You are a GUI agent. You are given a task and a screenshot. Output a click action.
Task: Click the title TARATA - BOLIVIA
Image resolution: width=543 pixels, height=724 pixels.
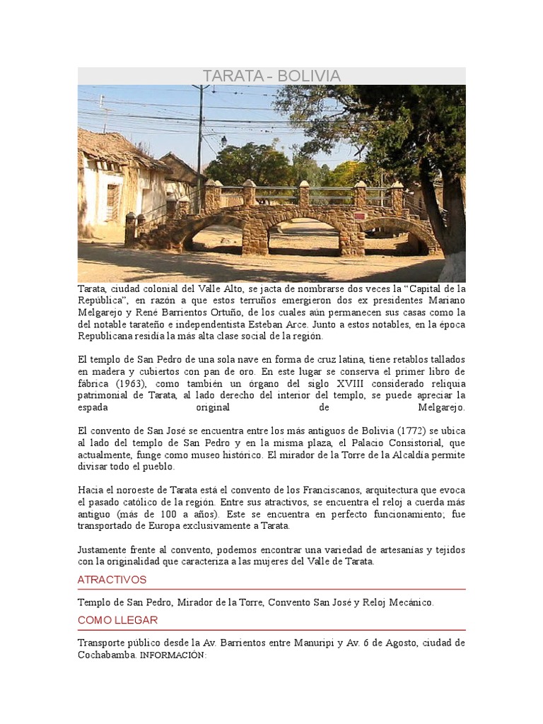(271, 76)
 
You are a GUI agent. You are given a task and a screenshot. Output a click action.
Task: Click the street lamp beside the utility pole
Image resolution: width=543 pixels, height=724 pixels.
(223, 141)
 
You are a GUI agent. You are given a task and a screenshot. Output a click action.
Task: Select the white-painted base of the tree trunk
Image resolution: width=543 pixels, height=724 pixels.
(453, 267)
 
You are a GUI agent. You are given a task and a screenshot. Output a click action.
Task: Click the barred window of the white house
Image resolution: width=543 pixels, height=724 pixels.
(112, 202)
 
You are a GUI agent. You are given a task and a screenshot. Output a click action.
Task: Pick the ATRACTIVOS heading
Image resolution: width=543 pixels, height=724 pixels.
(112, 580)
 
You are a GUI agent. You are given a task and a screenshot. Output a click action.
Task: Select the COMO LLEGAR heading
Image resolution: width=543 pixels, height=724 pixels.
(118, 620)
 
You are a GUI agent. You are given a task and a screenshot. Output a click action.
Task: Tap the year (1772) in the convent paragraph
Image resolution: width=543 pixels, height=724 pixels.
(411, 431)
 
